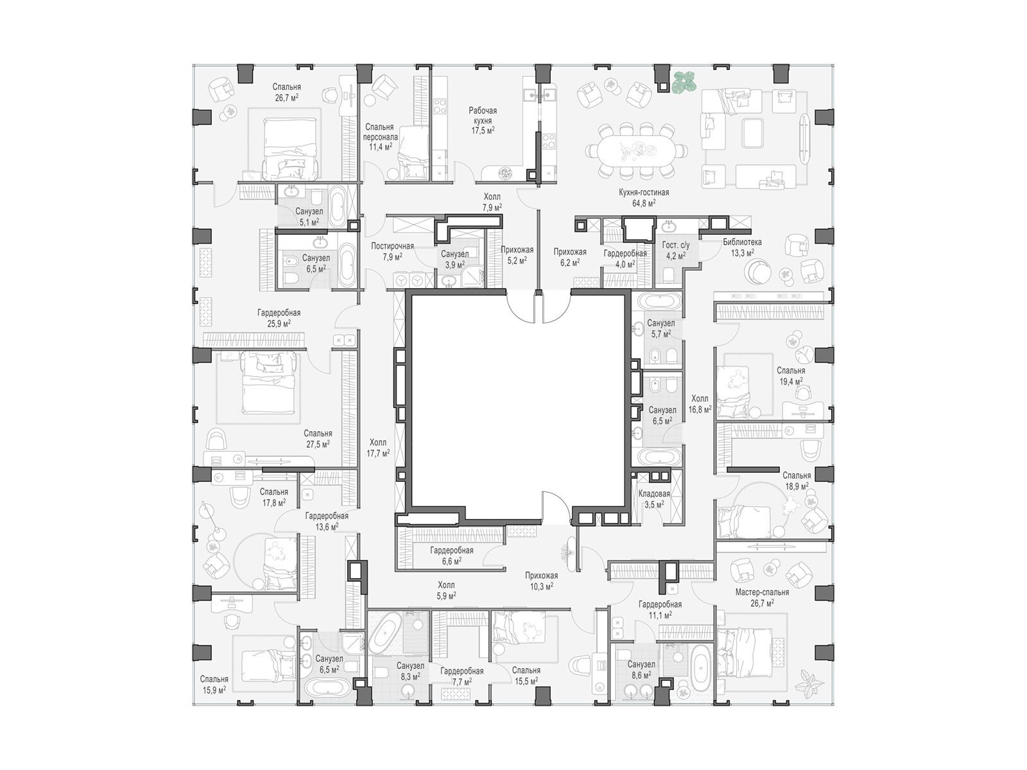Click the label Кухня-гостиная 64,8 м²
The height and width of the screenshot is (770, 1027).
pyautogui.click(x=643, y=197)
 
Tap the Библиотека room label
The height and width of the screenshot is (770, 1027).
pyautogui.click(x=742, y=242)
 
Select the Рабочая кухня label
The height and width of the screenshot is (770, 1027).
pyautogui.click(x=483, y=116)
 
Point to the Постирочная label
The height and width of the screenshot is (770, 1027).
pyautogui.click(x=392, y=246)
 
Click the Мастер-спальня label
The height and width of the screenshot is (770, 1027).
pyautogui.click(x=762, y=592)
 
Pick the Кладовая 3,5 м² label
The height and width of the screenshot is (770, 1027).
pyautogui.click(x=654, y=499)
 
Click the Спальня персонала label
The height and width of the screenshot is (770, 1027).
pyautogui.click(x=380, y=132)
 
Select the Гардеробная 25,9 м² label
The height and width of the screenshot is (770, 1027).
pyautogui.click(x=279, y=318)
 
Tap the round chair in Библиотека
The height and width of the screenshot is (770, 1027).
pyautogui.click(x=757, y=271)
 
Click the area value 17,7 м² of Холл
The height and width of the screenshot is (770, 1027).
pyautogui.click(x=378, y=452)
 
